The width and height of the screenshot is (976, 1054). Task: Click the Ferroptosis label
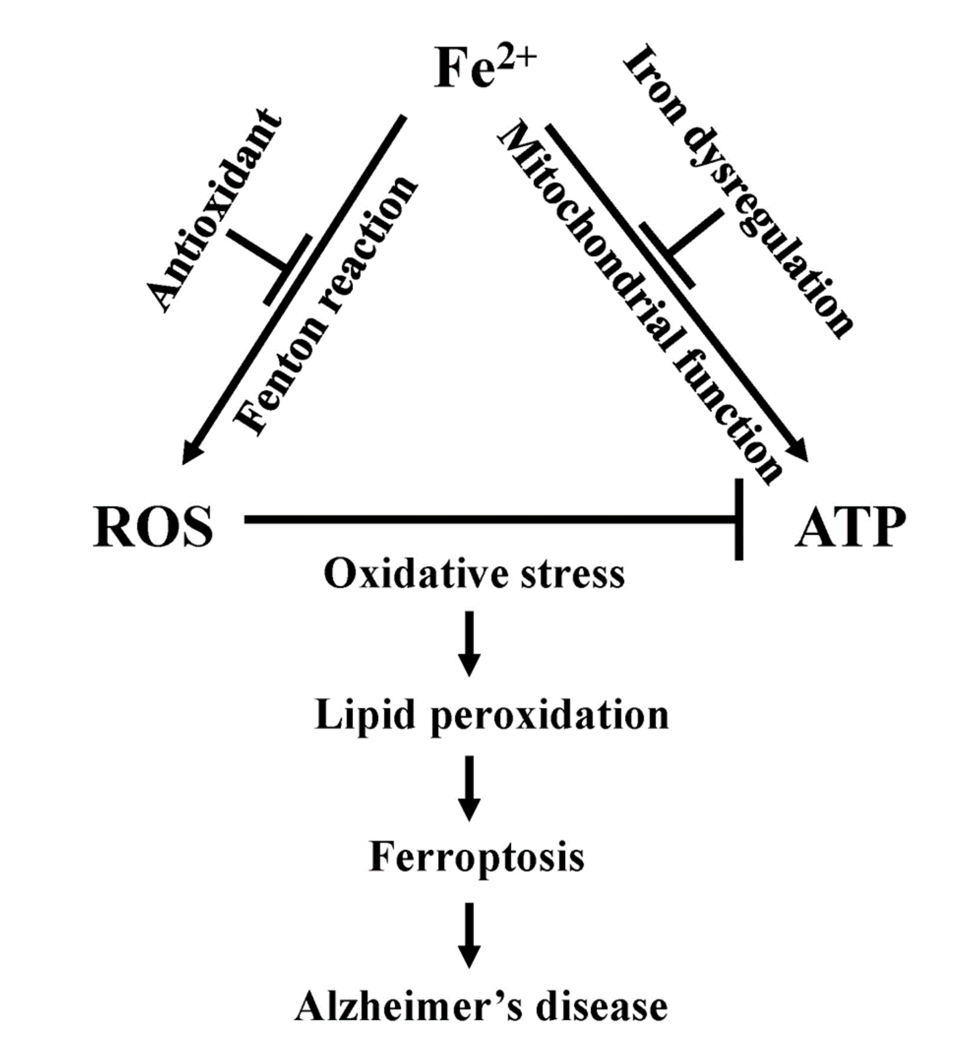click(x=477, y=856)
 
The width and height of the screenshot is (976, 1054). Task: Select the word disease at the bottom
click(x=602, y=1007)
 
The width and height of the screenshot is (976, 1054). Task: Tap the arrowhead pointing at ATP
click(x=799, y=452)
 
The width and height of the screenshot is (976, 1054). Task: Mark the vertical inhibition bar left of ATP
click(x=739, y=520)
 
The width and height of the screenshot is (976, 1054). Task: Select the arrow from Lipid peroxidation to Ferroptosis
click(x=469, y=788)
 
